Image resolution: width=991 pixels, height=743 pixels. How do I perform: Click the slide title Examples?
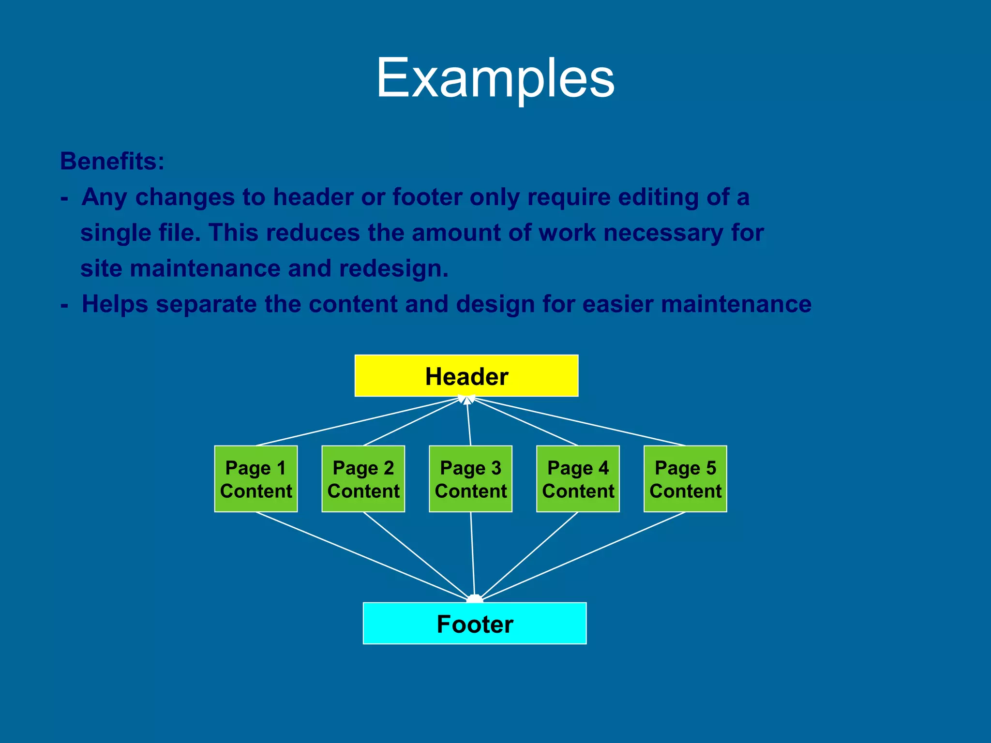[495, 78]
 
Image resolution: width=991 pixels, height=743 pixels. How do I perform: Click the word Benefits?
[112, 161]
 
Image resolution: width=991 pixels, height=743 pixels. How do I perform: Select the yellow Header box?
[466, 376]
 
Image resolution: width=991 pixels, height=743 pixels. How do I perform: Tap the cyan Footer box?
[474, 624]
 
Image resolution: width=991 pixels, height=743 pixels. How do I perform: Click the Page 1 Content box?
[255, 479]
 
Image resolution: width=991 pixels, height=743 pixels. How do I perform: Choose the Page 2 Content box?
[363, 479]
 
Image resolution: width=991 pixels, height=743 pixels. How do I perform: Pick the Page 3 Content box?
[470, 479]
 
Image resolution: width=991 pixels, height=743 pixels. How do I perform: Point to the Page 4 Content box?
[578, 479]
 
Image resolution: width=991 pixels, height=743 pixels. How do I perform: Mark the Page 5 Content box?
[685, 479]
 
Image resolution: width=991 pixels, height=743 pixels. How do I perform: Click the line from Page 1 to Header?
[358, 421]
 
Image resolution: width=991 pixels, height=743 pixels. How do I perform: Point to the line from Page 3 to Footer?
[473, 556]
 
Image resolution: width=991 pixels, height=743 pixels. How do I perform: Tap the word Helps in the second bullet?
[115, 304]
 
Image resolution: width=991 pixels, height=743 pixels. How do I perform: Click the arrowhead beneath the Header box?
[466, 400]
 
